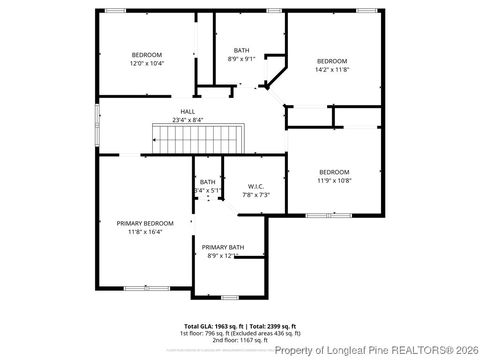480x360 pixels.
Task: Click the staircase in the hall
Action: click(197, 138)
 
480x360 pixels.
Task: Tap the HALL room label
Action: click(187, 112)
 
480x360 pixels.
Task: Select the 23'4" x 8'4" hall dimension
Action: click(187, 119)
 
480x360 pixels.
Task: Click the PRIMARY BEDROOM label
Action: click(145, 223)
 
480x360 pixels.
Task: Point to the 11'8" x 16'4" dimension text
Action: click(145, 231)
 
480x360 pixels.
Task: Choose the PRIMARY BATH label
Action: click(222, 247)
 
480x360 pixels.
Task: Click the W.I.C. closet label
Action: click(256, 187)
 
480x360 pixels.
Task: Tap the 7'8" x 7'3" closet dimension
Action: click(256, 194)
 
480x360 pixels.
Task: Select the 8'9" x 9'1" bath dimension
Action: click(243, 58)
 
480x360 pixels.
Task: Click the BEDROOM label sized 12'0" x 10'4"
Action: click(147, 55)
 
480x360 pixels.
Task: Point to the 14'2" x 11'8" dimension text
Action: click(332, 69)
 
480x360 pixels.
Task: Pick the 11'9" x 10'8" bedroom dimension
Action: click(335, 180)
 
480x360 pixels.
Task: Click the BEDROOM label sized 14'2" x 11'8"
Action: click(332, 61)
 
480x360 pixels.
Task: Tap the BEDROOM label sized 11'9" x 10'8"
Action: click(335, 172)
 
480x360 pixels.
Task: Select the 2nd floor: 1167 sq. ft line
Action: click(240, 340)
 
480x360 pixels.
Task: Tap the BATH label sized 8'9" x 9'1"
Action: click(242, 50)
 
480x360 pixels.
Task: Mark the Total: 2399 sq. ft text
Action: click(271, 326)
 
